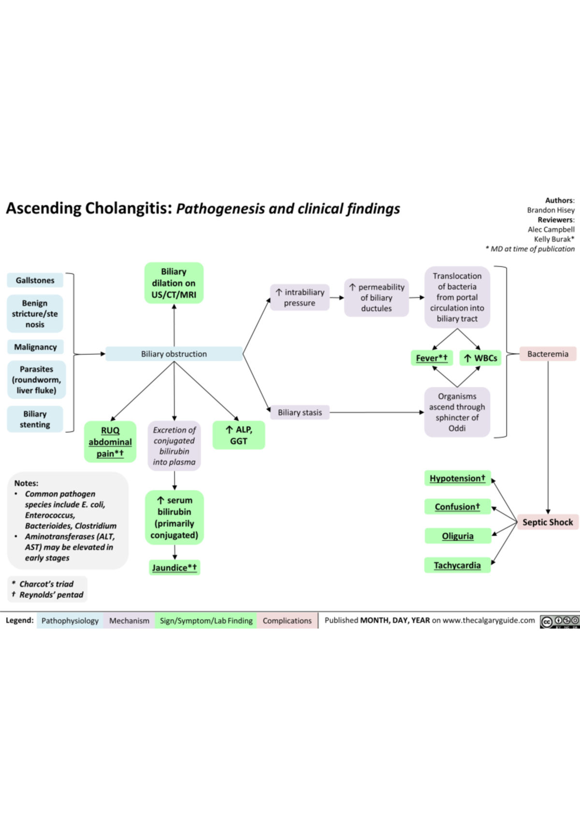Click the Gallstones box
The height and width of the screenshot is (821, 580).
tap(35, 280)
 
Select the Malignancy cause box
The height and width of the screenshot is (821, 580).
tap(35, 347)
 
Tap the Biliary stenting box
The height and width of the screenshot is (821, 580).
tap(35, 419)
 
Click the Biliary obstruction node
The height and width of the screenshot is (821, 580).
tap(174, 354)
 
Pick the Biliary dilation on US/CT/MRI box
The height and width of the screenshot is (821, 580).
tap(174, 283)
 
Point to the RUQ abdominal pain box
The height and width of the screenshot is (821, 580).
tap(110, 442)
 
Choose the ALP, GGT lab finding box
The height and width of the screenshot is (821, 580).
tap(239, 435)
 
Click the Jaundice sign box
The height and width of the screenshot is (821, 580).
tap(174, 568)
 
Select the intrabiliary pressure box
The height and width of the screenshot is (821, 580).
tap(300, 297)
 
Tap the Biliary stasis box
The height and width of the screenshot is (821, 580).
tap(300, 412)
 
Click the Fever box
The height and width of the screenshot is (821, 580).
tap(432, 358)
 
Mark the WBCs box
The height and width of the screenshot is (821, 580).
tap(480, 358)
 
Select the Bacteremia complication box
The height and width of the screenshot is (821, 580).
tap(548, 354)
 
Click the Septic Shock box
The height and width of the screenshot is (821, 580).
tap(548, 522)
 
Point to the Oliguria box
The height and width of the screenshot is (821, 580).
tap(458, 536)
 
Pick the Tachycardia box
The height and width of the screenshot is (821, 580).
tap(457, 565)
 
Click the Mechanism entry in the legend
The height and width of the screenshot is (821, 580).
tap(129, 621)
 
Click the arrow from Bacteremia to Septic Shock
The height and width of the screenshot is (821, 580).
tap(548, 435)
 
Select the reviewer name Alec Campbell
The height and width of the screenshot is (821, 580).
tap(551, 229)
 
